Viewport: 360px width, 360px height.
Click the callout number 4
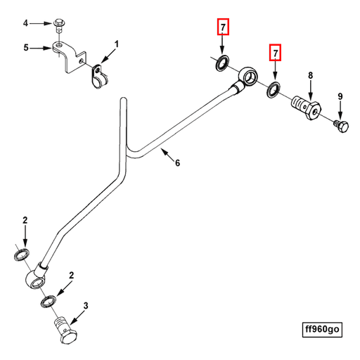[25, 23]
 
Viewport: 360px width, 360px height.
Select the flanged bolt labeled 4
[59, 25]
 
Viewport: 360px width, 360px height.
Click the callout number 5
[26, 48]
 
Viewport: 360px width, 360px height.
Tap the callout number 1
[117, 44]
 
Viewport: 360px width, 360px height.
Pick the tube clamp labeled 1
[99, 77]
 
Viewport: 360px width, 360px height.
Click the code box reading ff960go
[322, 329]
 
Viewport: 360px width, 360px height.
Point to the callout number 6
[178, 162]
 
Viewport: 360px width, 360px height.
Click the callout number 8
[311, 75]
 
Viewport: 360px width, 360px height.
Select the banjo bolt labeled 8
[307, 108]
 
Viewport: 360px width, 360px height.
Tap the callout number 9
[340, 96]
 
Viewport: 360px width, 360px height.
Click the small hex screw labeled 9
[342, 127]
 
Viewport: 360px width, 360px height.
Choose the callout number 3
[86, 306]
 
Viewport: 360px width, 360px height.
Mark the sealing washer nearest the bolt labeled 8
[273, 90]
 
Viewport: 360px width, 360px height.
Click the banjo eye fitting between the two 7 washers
[248, 77]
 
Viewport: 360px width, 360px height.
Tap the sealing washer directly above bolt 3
[49, 302]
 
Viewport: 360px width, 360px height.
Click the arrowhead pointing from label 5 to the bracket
[49, 49]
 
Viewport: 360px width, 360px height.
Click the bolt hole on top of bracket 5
[59, 44]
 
